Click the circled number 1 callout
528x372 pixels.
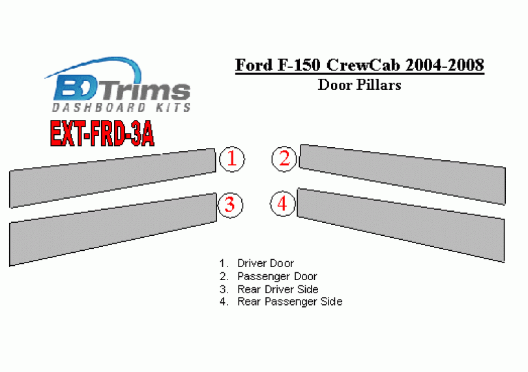click(232, 159)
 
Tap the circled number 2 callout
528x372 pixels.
click(284, 159)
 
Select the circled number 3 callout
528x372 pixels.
click(230, 205)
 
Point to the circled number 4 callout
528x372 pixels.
click(282, 204)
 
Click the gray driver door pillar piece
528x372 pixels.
click(113, 178)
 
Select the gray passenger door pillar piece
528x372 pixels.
click(402, 175)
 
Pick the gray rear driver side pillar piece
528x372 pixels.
click(113, 229)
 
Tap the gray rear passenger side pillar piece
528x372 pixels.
click(401, 225)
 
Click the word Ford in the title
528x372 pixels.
click(254, 64)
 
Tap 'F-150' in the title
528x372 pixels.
click(299, 64)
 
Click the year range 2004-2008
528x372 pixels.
click(445, 64)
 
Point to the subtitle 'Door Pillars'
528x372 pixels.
click(360, 85)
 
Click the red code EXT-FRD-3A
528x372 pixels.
click(102, 134)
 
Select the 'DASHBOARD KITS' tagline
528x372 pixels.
click(121, 107)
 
